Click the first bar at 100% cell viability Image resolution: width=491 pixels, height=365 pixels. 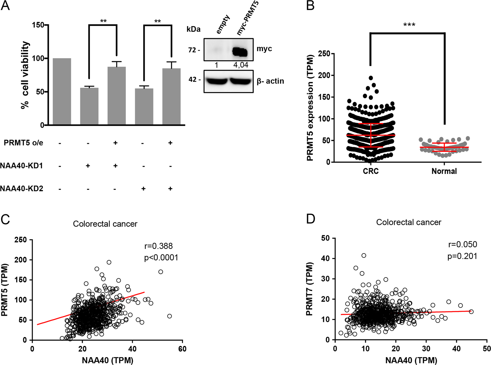click(62, 91)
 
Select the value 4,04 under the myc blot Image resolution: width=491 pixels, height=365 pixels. click(241, 65)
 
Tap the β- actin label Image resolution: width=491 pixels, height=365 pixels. click(270, 81)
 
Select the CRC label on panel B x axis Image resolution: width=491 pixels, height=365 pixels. click(371, 171)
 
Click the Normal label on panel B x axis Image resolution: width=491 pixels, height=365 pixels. click(444, 171)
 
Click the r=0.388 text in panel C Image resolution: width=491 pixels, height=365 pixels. click(159, 246)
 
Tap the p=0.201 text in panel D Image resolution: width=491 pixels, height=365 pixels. click(462, 256)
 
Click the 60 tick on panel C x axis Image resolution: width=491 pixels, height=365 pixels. click(182, 349)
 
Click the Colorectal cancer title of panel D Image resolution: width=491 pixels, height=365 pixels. click(409, 222)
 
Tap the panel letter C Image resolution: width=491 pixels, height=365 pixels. click(5, 220)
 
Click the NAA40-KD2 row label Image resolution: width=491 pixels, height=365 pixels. click(22, 189)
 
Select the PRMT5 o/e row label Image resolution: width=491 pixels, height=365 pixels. click(24, 143)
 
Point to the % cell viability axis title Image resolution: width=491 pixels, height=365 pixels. click(25, 75)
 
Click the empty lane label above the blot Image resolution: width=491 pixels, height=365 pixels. click(223, 24)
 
